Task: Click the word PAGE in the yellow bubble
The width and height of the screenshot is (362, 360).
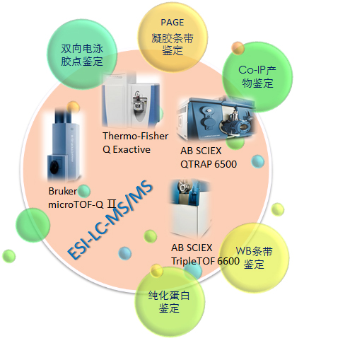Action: click(x=173, y=23)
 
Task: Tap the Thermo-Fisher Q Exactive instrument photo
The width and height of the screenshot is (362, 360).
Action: click(x=132, y=101)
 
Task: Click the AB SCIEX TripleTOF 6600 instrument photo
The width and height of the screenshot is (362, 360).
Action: click(x=190, y=209)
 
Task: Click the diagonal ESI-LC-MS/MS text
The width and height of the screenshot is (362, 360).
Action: click(x=110, y=219)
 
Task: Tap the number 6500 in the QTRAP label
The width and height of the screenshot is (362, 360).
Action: click(x=224, y=164)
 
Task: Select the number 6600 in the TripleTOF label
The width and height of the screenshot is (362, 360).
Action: click(x=228, y=261)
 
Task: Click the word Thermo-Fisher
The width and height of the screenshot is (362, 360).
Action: click(x=135, y=136)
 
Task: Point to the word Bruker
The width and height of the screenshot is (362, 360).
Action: click(x=63, y=191)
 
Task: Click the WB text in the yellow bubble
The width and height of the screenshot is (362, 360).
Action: click(x=244, y=251)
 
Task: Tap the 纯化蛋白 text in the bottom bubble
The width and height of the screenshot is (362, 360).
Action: click(x=169, y=295)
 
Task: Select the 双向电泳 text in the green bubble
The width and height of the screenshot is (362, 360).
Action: click(x=82, y=49)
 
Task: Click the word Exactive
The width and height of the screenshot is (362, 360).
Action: click(x=132, y=149)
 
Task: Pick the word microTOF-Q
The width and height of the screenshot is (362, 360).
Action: click(x=76, y=204)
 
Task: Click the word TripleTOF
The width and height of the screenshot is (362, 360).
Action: click(x=193, y=261)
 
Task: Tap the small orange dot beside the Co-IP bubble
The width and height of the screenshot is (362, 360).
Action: click(x=238, y=48)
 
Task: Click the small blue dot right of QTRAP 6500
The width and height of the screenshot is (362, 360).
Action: click(x=257, y=161)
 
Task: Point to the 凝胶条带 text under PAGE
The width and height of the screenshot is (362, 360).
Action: click(x=173, y=38)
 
